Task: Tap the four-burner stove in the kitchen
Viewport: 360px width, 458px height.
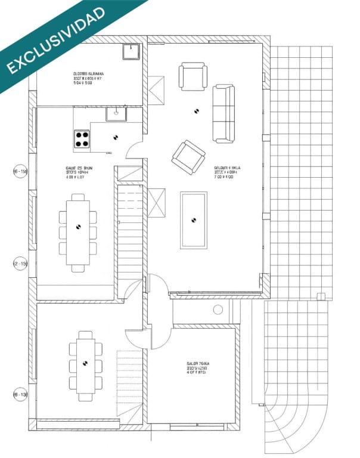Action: click(82, 139)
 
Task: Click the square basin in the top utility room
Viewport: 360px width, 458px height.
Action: click(131, 52)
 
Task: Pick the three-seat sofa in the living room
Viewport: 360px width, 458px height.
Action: click(224, 113)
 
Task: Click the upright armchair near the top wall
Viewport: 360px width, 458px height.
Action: click(193, 78)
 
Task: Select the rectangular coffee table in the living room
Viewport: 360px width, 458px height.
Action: click(193, 220)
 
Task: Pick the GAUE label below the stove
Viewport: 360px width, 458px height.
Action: click(79, 173)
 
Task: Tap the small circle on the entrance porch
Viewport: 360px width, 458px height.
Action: click(218, 310)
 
